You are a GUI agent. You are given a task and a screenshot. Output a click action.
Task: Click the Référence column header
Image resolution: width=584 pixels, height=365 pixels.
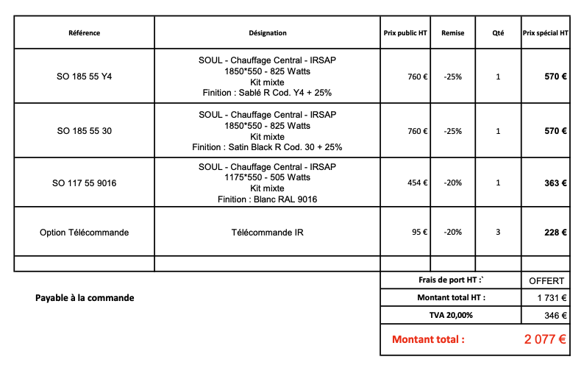84,33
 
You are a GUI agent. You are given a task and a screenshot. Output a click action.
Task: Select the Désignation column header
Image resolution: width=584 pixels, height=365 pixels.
268,33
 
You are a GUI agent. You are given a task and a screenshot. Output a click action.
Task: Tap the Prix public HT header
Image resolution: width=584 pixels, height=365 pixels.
405,33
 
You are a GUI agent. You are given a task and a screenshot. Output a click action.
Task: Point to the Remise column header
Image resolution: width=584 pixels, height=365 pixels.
453,33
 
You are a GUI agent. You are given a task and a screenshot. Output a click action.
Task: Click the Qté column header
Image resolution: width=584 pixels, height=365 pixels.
498,33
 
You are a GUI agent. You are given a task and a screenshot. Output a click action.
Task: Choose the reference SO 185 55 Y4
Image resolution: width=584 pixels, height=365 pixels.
84,77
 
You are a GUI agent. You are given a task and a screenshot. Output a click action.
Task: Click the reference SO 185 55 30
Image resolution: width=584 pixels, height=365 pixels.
84,131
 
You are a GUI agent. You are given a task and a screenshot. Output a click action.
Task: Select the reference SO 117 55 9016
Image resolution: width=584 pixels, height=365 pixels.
84,183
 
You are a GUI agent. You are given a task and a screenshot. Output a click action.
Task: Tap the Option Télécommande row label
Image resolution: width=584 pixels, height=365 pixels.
84,233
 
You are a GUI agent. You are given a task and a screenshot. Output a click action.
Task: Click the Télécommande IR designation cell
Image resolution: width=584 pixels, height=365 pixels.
268,233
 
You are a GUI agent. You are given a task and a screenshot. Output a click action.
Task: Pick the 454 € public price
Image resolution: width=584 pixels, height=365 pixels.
418,183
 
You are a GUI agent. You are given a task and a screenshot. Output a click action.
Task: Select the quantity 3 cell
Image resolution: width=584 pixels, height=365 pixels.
498,233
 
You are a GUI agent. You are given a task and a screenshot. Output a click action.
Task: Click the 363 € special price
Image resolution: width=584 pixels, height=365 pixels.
555,183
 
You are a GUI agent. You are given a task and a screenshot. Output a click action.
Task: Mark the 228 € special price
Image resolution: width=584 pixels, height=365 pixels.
555,233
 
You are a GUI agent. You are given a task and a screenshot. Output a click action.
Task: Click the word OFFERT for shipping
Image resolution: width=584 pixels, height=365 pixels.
546,281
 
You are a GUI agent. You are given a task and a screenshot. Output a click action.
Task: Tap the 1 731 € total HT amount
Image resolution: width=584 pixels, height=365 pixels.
552,298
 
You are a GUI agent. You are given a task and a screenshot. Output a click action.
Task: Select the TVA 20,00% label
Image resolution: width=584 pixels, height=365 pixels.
451,315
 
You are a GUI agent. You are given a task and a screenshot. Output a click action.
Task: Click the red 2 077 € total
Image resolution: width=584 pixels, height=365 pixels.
545,340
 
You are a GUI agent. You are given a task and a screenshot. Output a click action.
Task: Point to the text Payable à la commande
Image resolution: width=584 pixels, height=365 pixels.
85,298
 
